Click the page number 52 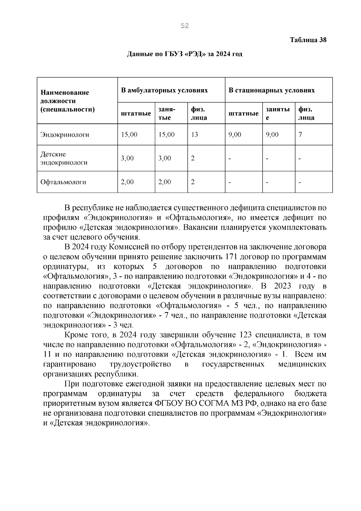point(185,26)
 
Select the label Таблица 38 point(308,40)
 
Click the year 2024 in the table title point(223,54)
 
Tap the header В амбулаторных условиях point(164,90)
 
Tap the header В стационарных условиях point(272,90)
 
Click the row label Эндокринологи point(65,135)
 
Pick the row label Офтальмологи point(63,182)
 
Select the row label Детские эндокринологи point(64,158)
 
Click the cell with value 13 point(194,135)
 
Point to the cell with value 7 point(300,135)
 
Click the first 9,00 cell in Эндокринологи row point(235,135)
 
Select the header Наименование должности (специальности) point(67,101)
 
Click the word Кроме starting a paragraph point(75,335)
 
